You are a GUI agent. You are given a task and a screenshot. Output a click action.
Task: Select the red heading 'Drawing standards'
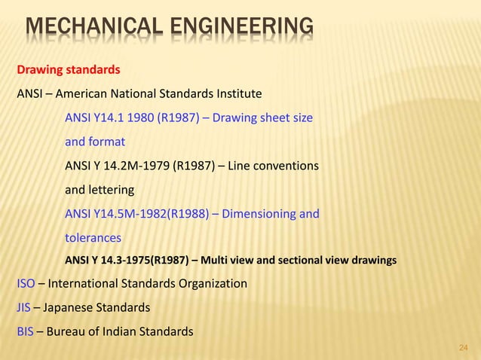point(69,71)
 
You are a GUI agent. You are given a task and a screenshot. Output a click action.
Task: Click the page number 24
point(464,348)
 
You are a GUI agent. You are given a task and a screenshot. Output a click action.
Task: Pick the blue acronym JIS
point(23,308)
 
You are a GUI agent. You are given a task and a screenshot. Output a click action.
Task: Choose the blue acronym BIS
point(25,332)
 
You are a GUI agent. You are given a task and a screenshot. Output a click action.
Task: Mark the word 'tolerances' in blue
point(93,238)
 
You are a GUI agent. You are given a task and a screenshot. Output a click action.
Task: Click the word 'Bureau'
point(69,332)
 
